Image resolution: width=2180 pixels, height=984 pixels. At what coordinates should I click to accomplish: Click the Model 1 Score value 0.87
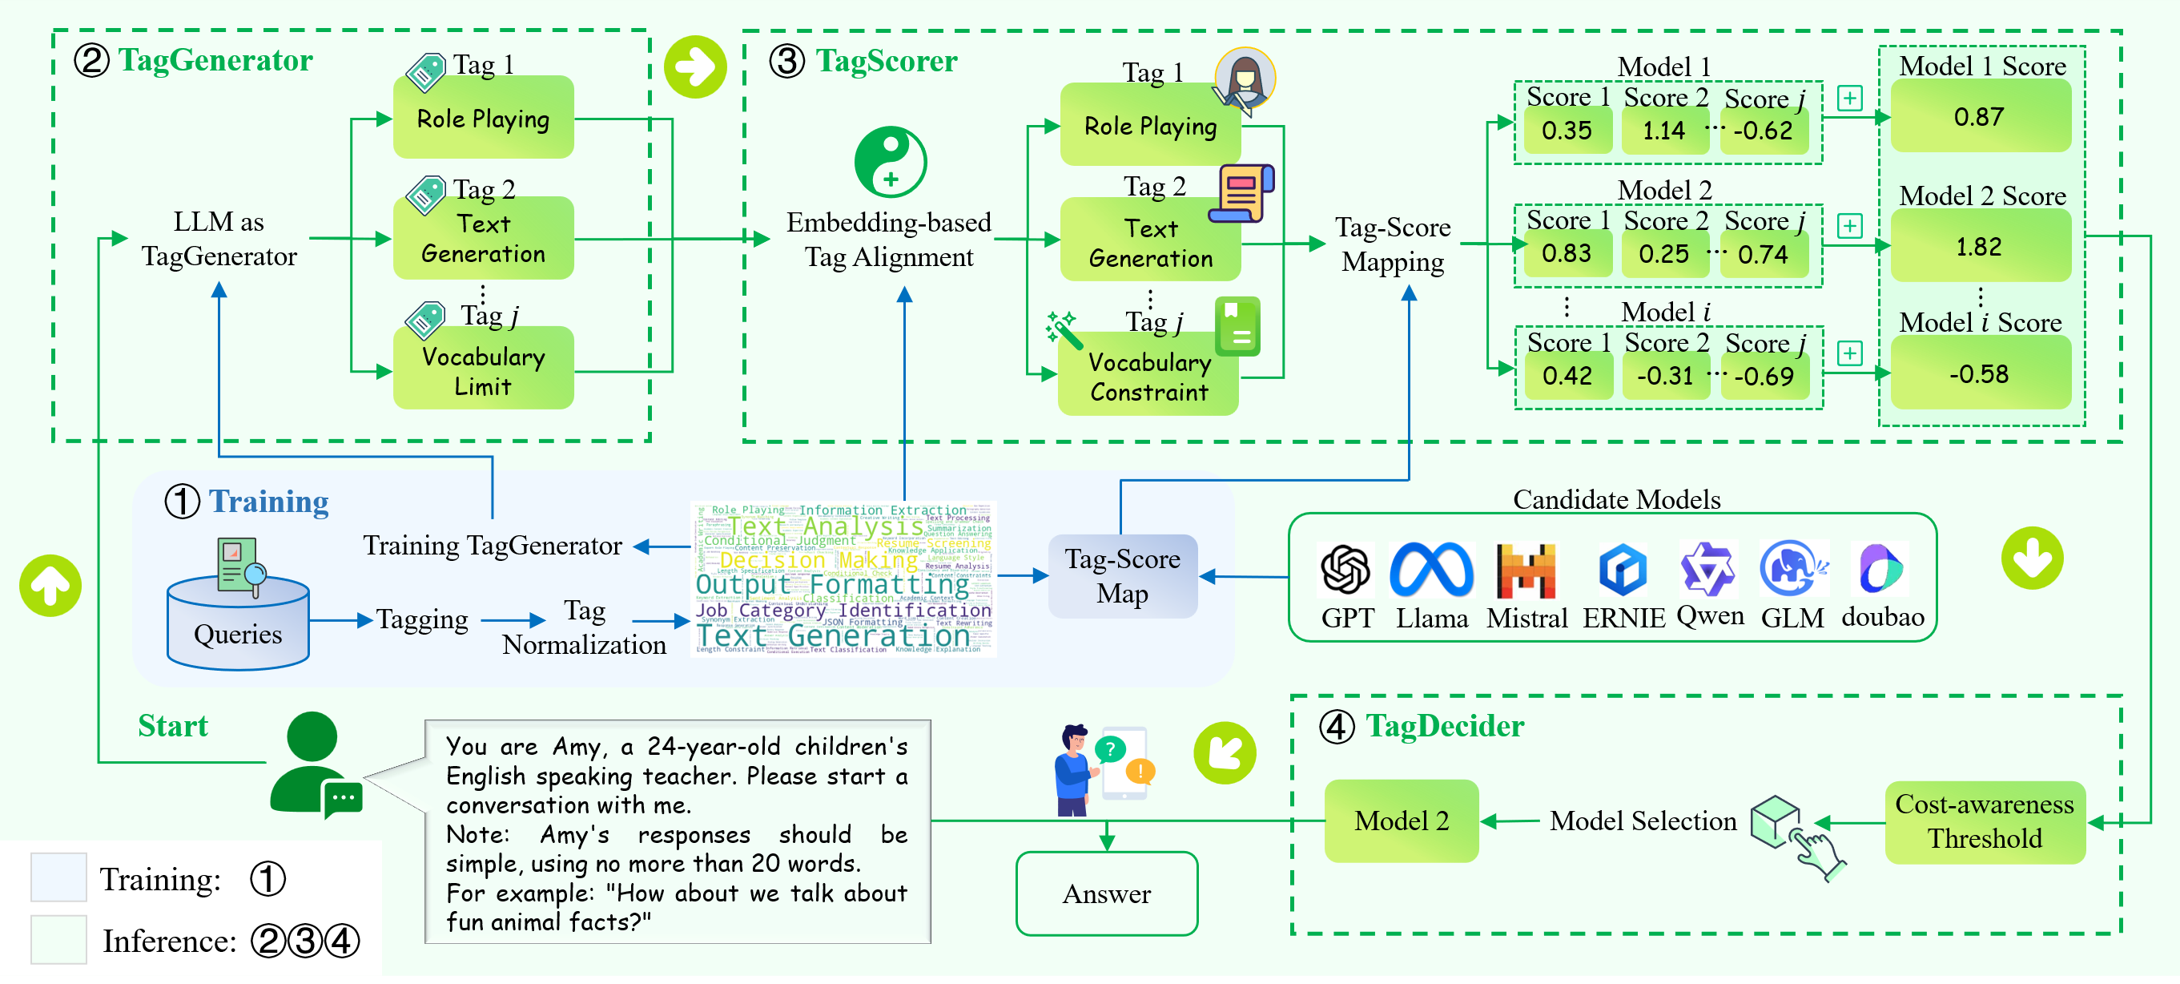(1980, 117)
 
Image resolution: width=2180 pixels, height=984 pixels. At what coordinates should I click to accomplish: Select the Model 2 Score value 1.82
(1980, 247)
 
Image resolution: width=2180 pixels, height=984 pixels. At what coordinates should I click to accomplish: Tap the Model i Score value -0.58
(1980, 373)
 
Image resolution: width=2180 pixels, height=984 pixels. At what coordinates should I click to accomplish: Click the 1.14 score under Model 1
(1663, 131)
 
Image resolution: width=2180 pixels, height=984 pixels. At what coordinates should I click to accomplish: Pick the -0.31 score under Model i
(1664, 375)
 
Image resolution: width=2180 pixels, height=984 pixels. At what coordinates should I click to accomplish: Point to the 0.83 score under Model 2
(1567, 253)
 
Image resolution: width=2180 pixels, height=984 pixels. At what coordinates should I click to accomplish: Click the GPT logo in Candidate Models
(1345, 570)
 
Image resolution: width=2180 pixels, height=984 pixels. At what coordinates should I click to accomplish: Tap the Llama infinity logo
(1432, 570)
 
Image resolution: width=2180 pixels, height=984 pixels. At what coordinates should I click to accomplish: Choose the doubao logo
(1881, 568)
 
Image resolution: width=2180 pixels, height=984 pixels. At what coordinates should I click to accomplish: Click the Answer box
(1106, 893)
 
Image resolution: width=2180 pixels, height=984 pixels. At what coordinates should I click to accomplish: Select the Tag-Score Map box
(1122, 576)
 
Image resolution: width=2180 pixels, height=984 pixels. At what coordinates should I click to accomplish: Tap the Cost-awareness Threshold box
(1985, 821)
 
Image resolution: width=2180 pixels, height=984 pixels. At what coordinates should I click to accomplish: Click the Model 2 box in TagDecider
(1402, 821)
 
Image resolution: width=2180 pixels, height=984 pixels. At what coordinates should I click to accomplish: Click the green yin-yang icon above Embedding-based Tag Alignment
(891, 162)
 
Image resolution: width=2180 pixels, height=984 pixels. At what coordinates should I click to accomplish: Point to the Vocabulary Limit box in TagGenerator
(483, 370)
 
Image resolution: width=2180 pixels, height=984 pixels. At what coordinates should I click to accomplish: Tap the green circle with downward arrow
(2032, 558)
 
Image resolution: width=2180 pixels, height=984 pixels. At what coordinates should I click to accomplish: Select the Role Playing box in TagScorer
(1150, 126)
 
